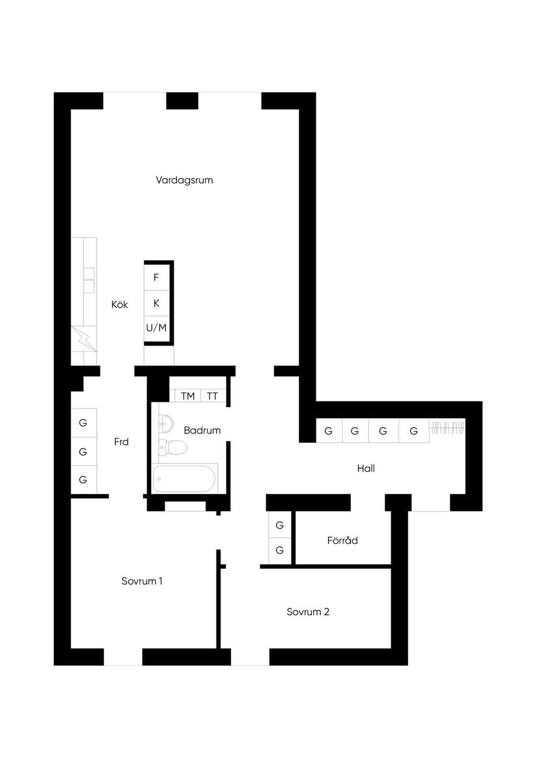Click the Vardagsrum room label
pos(184,180)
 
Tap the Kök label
pos(119,304)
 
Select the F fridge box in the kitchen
pos(156,277)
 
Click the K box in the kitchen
pos(156,303)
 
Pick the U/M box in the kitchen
pos(156,328)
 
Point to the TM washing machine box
pos(187,396)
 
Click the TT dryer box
pos(213,396)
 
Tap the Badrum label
pos(202,431)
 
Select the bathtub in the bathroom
pos(184,479)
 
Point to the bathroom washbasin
pos(166,423)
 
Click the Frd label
pos(121,442)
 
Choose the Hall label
pos(366,469)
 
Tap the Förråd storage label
pos(342,540)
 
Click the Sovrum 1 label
pos(142,581)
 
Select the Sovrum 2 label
pos(308,612)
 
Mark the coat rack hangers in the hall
pos(447,428)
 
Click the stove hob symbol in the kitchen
pos(84,338)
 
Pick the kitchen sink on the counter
pos(89,280)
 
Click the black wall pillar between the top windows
pos(182,101)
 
